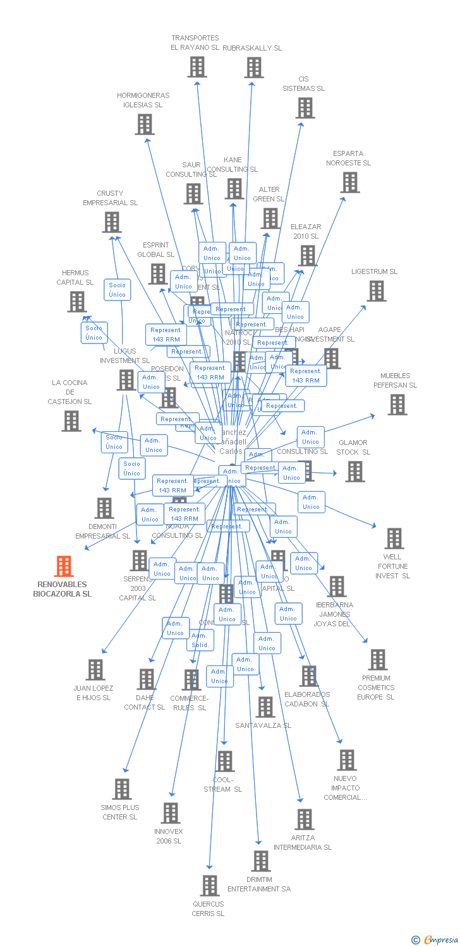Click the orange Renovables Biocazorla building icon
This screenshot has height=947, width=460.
click(x=64, y=566)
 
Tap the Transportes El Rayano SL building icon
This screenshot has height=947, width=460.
click(x=197, y=66)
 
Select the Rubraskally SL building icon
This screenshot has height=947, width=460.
click(x=253, y=68)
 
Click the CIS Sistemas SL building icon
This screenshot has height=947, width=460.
click(x=305, y=108)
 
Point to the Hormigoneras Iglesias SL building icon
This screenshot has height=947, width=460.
click(x=145, y=124)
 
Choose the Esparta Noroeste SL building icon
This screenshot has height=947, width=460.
click(x=349, y=182)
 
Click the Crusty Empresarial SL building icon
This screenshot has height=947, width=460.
click(x=112, y=222)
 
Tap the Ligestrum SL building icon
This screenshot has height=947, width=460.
click(x=377, y=291)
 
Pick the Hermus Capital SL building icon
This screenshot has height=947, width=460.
click(x=76, y=302)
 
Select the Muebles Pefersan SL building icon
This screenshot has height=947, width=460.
click(x=397, y=405)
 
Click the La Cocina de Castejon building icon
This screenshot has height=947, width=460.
click(x=71, y=421)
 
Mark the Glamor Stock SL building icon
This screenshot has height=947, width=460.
click(x=355, y=472)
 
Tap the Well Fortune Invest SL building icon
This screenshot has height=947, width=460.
click(x=394, y=539)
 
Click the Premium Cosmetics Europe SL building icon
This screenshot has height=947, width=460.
click(x=377, y=660)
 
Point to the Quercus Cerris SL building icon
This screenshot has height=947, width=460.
click(x=210, y=886)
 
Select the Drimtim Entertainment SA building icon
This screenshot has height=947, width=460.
click(x=260, y=861)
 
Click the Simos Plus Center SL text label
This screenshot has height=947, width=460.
click(x=119, y=812)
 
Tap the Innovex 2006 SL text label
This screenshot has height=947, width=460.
click(x=169, y=836)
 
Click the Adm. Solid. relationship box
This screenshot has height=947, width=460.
click(x=200, y=640)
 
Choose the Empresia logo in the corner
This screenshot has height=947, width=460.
click(x=435, y=940)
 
